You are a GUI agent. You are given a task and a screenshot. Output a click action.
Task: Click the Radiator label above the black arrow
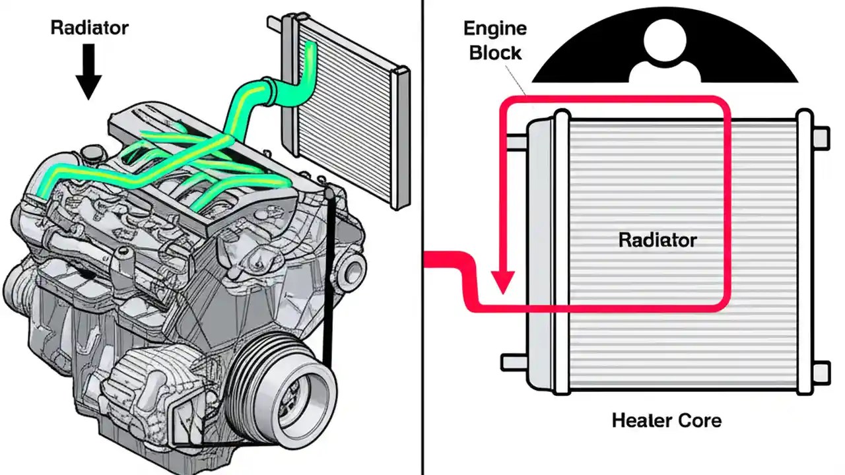(x=89, y=28)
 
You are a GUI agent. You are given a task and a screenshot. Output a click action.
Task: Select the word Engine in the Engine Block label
(x=495, y=29)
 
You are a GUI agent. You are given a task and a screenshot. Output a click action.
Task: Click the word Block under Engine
(x=495, y=53)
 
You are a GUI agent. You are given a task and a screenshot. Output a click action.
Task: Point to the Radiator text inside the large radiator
(x=657, y=239)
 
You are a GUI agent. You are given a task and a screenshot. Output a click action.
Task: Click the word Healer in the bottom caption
(x=642, y=420)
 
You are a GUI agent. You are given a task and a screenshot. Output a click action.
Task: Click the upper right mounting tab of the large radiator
(x=820, y=137)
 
